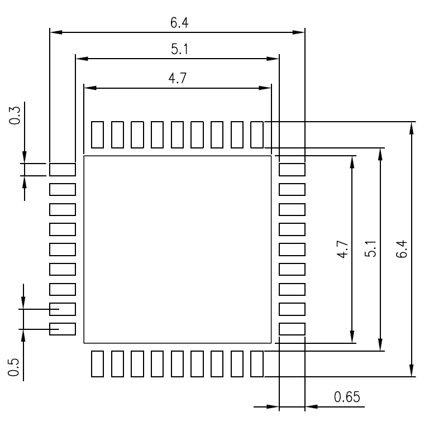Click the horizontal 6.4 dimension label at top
tap(179, 23)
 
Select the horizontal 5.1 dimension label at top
tap(179, 50)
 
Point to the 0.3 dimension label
tap(16, 116)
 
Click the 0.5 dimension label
tap(16, 367)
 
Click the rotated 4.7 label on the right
tap(342, 249)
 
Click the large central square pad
tap(177, 250)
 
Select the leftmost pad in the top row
tap(97, 135)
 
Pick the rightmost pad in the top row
tap(257, 135)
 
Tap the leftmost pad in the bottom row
tap(97, 363)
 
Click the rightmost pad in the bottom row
tap(257, 363)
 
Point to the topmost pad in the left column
tap(63, 169)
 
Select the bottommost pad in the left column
tap(63, 329)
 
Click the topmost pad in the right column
tap(292, 169)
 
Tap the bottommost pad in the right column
tap(292, 329)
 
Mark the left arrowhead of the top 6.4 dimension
tap(55, 32)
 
